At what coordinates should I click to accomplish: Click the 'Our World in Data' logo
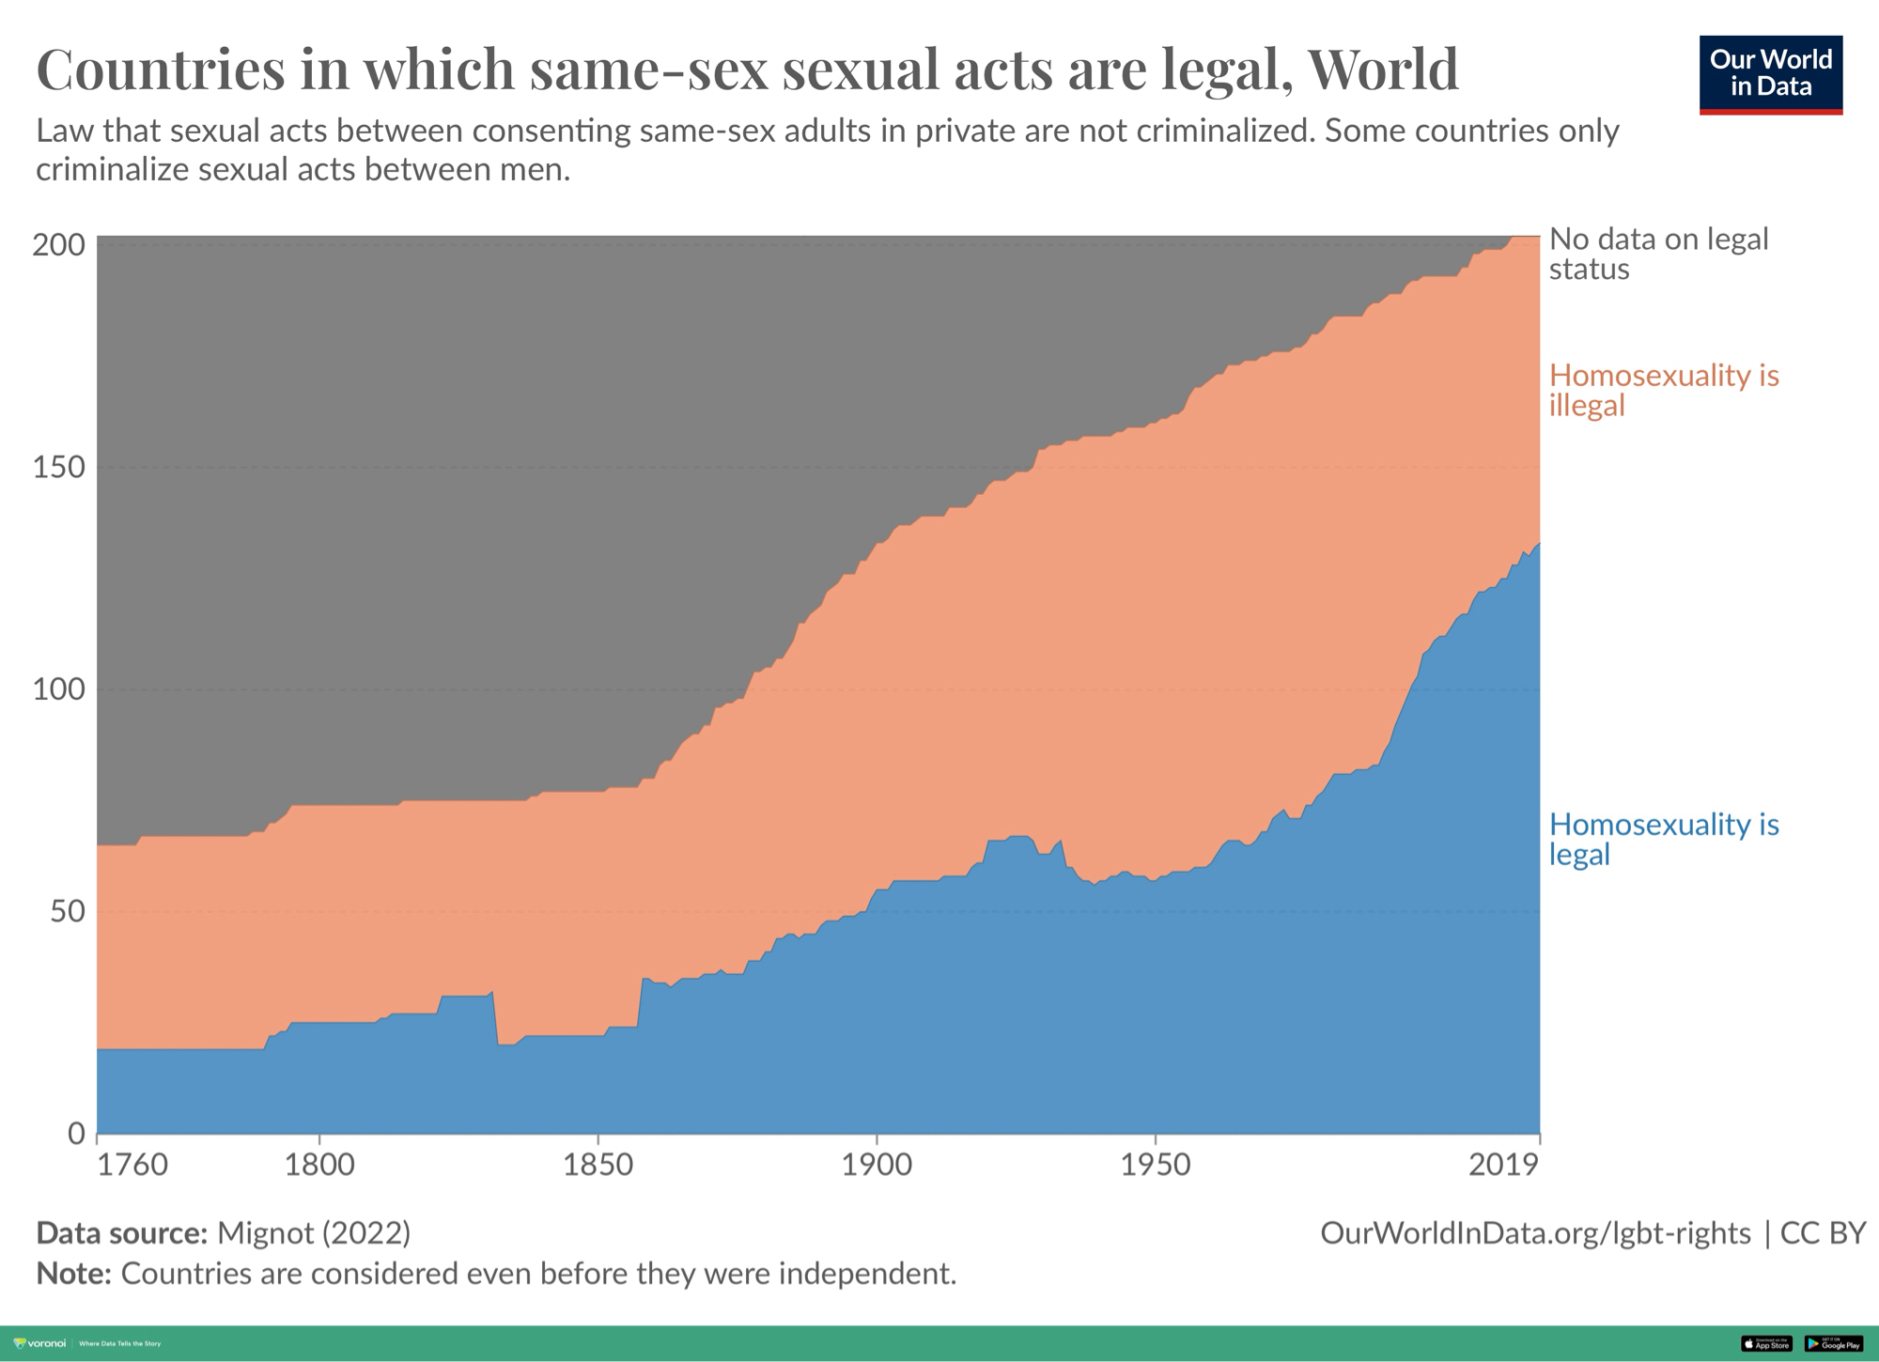[1770, 74]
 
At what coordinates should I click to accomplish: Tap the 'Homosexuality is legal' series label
[1663, 839]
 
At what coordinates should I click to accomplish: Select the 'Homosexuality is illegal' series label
[1663, 390]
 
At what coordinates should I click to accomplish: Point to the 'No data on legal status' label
[1658, 254]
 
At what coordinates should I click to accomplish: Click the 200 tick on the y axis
[58, 245]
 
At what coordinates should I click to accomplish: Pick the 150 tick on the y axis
[58, 467]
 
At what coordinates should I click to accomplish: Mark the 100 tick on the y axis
[58, 689]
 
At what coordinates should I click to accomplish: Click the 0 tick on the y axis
[76, 1134]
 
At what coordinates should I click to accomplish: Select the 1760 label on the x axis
[132, 1165]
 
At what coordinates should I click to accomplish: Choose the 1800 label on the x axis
[319, 1165]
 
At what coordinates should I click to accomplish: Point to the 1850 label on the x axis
[598, 1165]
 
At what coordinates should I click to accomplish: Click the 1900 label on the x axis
[877, 1165]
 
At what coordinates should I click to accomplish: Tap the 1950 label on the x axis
[1155, 1165]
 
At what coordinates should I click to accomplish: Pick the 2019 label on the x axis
[1503, 1165]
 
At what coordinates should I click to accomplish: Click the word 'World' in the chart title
[1382, 69]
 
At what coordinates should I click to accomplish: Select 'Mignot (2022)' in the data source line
[314, 1232]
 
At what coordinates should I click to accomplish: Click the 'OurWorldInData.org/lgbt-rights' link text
[1535, 1232]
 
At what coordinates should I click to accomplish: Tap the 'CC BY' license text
[1822, 1232]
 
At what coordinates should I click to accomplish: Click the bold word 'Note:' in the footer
[73, 1274]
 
